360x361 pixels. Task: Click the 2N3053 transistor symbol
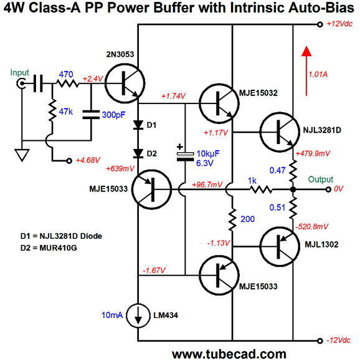tap(125, 84)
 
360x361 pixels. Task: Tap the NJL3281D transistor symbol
tap(280, 132)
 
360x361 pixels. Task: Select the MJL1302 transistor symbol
tap(280, 246)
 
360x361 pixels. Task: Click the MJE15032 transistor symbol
tap(219, 103)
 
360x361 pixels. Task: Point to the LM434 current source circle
tap(138, 315)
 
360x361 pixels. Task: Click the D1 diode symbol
tap(138, 125)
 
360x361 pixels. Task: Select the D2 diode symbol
tap(138, 153)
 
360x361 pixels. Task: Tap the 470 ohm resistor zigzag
tap(67, 83)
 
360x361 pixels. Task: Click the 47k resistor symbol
tap(52, 110)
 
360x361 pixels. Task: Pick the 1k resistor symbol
tap(261, 190)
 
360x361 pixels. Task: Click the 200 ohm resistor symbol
tap(232, 219)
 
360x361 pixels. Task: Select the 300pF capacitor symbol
tap(91, 115)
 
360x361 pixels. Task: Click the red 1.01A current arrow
tap(306, 71)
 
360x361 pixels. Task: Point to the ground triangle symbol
tap(22, 155)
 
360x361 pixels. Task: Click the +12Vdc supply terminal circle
tap(320, 24)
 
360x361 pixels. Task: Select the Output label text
tap(320, 180)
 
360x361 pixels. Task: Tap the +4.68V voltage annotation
tap(88, 160)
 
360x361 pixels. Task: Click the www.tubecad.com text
tap(229, 354)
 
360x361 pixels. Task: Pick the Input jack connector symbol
tap(21, 83)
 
